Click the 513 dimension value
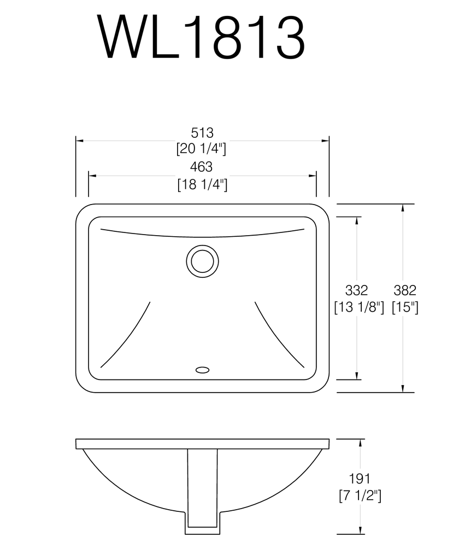(202, 132)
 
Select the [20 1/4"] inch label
(202, 148)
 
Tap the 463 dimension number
(202, 167)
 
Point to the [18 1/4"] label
(202, 184)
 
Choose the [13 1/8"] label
(358, 307)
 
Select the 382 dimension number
(405, 290)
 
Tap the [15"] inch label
(405, 307)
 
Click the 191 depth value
(360, 479)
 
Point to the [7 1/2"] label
(360, 496)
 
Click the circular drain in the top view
(202, 261)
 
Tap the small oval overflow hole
(202, 370)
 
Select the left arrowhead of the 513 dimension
(79, 141)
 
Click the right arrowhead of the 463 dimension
(313, 176)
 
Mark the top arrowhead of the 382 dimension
(403, 208)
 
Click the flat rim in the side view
(202, 444)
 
